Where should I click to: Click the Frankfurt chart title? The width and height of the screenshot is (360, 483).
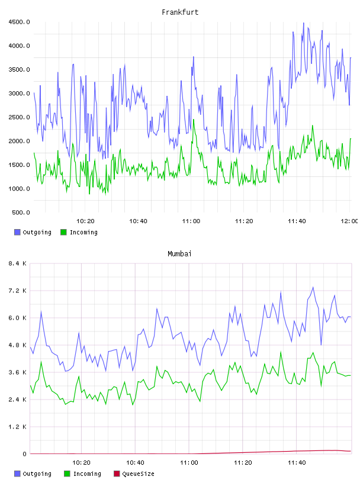pos(180,12)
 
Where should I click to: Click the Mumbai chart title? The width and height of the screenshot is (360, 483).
pos(179,254)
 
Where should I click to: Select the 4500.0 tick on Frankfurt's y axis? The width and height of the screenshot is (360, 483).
pos(19,22)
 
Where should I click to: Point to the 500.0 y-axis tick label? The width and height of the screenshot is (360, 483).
pos(21,212)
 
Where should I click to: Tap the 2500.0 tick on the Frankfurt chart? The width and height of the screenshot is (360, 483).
pos(19,117)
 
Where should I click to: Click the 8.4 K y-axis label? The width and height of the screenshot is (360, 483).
pos(18,263)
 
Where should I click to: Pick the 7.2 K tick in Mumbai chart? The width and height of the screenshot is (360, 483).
pos(18,291)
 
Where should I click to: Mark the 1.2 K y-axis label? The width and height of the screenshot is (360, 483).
pos(18,427)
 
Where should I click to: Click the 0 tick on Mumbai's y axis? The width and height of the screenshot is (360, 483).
pos(25,454)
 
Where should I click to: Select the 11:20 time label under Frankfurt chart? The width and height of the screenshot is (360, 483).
pos(244,221)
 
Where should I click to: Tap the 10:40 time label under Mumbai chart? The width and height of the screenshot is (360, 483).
pos(135,463)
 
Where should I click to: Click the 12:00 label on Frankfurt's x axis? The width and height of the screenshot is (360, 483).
pos(349,221)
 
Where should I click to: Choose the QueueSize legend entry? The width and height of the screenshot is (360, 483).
pos(138,474)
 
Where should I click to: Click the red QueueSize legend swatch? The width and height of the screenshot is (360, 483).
pos(117,474)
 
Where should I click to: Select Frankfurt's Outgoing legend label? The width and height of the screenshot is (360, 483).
pos(37,232)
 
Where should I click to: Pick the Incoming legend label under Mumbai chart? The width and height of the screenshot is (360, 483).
pos(87,474)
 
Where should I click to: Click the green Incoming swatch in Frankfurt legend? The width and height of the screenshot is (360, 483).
pos(63,232)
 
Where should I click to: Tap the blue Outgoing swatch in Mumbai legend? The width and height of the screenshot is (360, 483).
pos(17,474)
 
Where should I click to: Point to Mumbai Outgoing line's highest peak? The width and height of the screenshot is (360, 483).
pos(313,288)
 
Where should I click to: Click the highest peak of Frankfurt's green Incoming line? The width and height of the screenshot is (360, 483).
pos(194,120)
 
